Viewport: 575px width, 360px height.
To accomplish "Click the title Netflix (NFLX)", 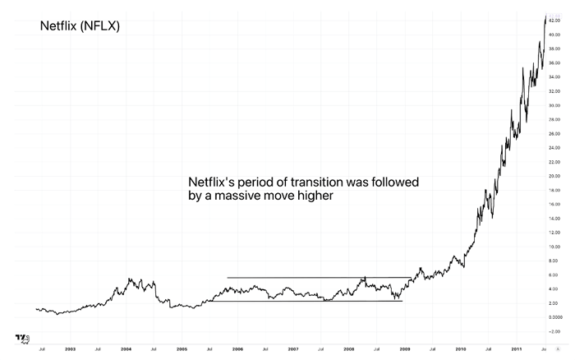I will pos(80,26).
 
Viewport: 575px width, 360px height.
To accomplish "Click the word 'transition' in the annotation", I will pos(296,181).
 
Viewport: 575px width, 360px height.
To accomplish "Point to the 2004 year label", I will pos(126,348).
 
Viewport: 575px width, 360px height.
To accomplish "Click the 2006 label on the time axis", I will pos(237,348).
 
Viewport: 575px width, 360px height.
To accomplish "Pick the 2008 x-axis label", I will pos(349,348).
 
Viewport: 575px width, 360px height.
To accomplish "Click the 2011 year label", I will pos(516,348).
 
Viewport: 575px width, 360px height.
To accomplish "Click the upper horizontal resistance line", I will pos(312,277).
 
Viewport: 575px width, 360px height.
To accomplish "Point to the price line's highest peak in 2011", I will pos(545,16).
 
